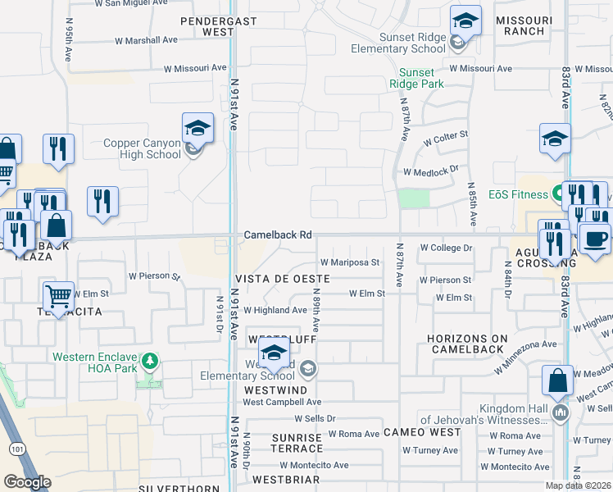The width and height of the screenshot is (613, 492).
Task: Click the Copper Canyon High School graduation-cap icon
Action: click(198, 129)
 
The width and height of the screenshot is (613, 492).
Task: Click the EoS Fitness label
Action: click(518, 194)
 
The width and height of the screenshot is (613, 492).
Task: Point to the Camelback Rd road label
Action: click(278, 235)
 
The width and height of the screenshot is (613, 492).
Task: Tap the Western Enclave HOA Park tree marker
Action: click(149, 360)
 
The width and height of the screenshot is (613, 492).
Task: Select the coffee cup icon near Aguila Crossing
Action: click(595, 238)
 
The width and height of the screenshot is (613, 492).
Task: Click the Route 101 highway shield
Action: click(17, 449)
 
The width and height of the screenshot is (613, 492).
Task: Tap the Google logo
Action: click(27, 482)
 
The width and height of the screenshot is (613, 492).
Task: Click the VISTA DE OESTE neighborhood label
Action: click(282, 279)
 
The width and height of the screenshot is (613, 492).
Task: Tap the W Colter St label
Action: click(445, 134)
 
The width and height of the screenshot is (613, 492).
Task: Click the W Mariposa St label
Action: click(350, 262)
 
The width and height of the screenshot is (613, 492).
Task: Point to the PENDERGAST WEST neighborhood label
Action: click(207, 24)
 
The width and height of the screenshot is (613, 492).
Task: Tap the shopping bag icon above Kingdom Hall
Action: click(557, 380)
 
